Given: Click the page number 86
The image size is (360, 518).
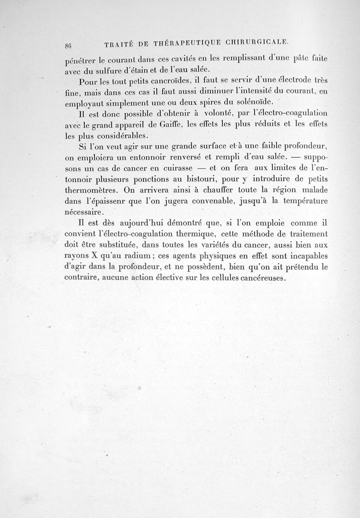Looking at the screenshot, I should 69,45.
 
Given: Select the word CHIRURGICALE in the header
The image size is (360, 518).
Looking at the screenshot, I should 256,43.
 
